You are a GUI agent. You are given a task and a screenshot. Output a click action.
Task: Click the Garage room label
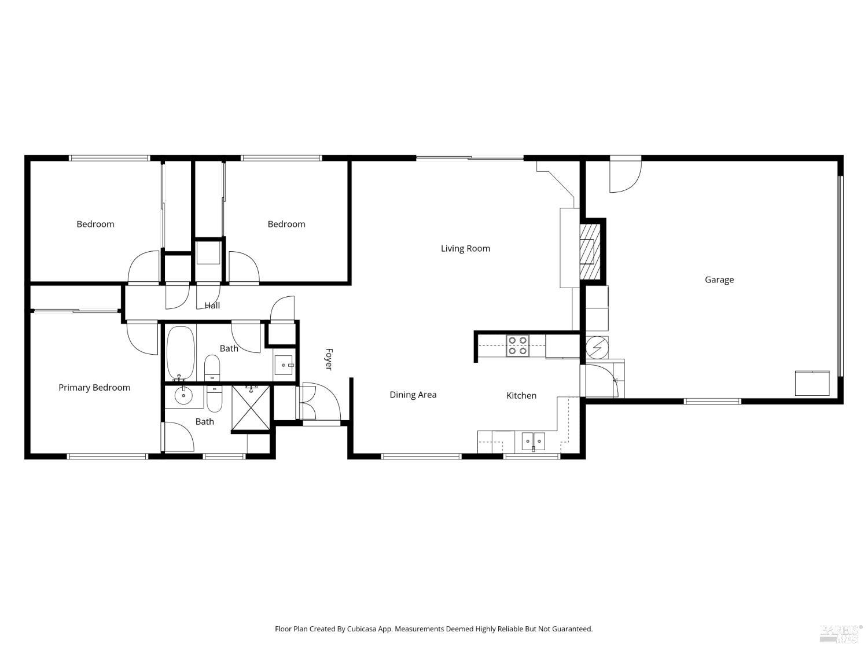coord(719,279)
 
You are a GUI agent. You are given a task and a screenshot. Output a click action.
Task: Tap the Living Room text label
coord(465,248)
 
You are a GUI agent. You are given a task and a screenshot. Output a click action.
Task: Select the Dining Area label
coord(413,395)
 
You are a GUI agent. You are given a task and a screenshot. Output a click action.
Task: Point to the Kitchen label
coord(521,395)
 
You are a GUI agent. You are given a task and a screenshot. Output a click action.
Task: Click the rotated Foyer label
coord(329,359)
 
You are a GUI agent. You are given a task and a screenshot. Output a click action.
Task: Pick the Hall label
coord(212,305)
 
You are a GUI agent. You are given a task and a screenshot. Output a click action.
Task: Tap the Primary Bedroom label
coord(94,388)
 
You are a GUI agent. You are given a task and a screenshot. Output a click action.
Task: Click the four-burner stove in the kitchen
coord(517,345)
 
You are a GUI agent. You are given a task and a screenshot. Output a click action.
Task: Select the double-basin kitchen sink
coord(533,441)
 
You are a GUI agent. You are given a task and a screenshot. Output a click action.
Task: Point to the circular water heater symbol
coord(595,347)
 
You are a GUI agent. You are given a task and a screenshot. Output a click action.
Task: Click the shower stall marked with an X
coord(251,408)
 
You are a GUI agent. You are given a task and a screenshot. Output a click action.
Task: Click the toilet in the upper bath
coord(212,367)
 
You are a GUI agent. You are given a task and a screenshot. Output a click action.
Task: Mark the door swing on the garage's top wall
coord(626,174)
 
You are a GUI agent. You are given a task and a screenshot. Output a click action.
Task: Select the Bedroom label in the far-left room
coord(95,224)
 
